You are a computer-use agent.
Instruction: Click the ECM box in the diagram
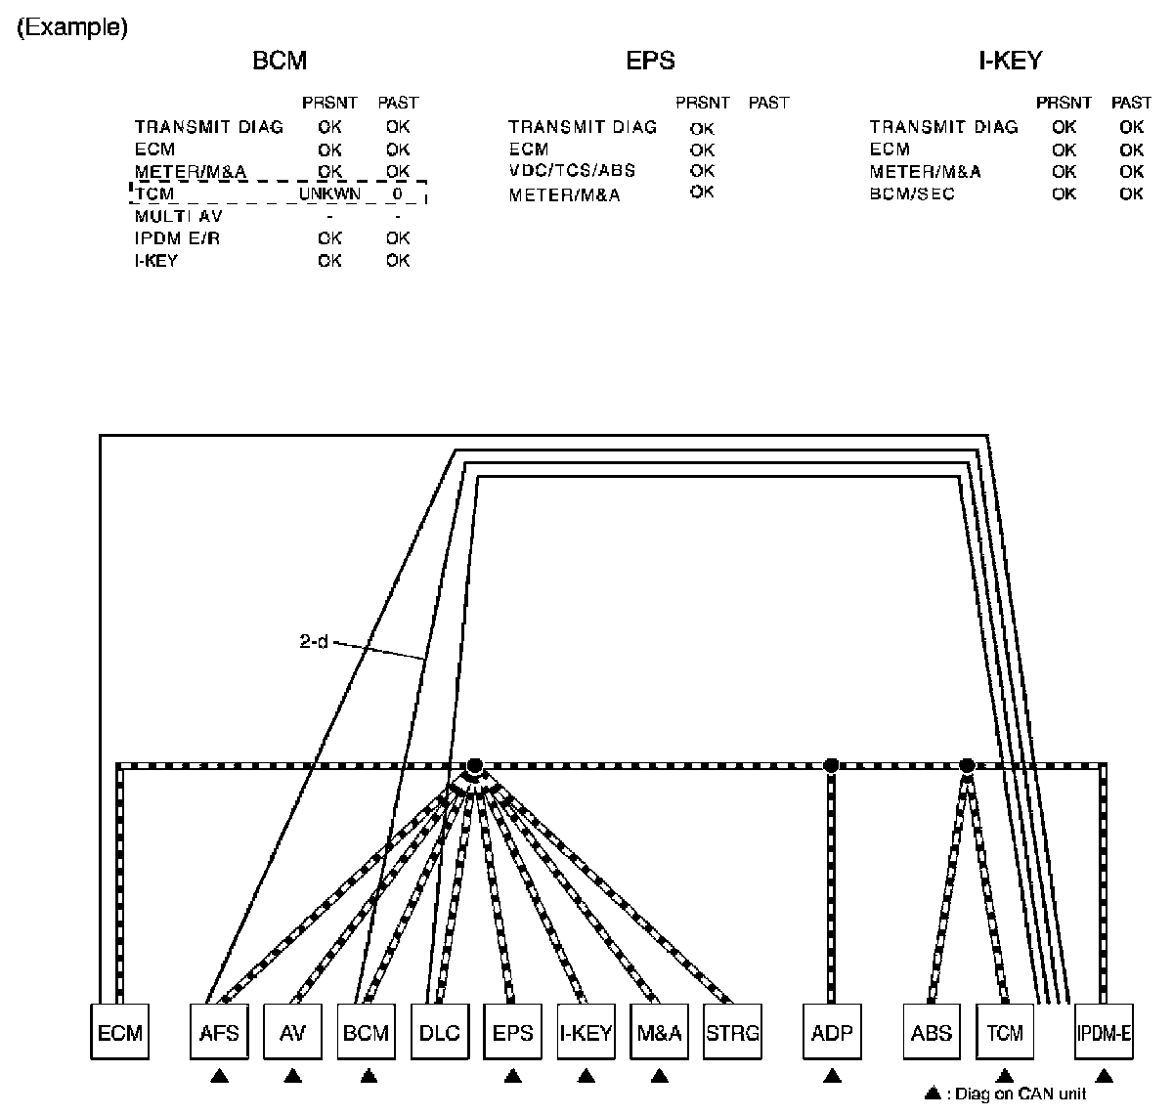point(120,1032)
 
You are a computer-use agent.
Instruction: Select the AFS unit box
point(219,1032)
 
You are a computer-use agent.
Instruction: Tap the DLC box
point(439,1032)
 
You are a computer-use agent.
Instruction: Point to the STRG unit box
point(732,1032)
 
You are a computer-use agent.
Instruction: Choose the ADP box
point(832,1032)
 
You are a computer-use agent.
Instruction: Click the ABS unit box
point(930,1032)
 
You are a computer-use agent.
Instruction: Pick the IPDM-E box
point(1103,1032)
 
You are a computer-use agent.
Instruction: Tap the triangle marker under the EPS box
point(512,1077)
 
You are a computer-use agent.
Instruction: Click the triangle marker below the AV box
point(292,1077)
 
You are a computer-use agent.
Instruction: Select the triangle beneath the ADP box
point(832,1077)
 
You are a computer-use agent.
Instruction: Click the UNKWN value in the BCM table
point(329,194)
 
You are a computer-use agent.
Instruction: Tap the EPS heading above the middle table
point(650,61)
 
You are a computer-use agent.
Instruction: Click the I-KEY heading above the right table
point(1011,61)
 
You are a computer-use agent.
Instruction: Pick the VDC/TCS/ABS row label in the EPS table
point(572,171)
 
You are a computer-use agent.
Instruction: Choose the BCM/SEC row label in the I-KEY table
point(912,193)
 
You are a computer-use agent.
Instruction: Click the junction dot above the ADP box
point(831,765)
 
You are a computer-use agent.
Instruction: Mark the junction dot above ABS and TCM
point(967,765)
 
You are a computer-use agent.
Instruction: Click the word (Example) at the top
point(71,27)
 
